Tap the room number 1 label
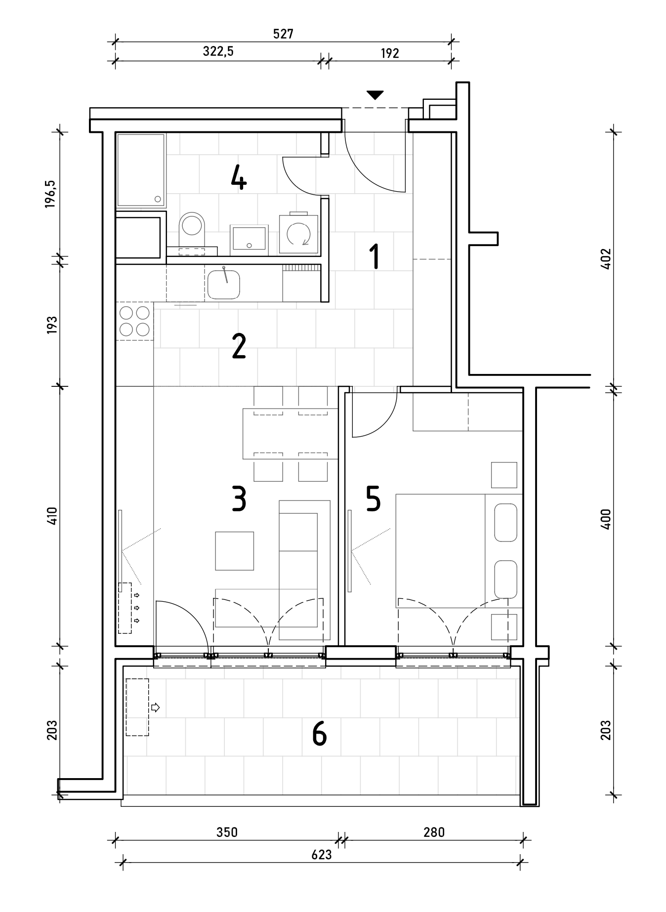(x=375, y=256)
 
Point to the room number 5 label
(x=373, y=498)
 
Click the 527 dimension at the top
(x=283, y=34)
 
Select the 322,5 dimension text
(x=218, y=52)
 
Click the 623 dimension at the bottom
(x=322, y=855)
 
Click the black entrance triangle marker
(x=375, y=95)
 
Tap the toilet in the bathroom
(x=192, y=230)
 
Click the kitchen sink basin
(x=224, y=285)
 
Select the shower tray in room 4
(x=141, y=170)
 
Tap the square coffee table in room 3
(x=235, y=551)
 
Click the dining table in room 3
(x=286, y=433)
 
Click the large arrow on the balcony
(x=155, y=707)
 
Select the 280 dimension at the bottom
(x=434, y=832)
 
